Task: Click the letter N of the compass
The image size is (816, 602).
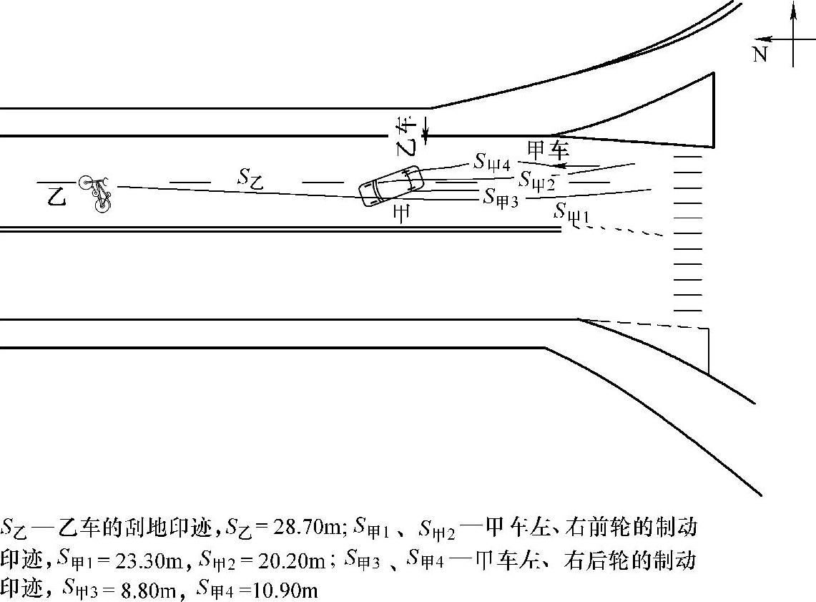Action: [x=760, y=54]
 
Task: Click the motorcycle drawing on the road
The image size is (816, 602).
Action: [x=97, y=193]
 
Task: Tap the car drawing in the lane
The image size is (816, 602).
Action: [x=390, y=185]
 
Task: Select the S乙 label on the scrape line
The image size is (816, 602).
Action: [x=250, y=178]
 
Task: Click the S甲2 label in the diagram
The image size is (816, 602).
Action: [x=537, y=179]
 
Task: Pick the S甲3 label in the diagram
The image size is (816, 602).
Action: [x=501, y=195]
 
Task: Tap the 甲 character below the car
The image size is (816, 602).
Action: [x=401, y=215]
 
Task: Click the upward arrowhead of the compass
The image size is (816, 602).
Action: [x=792, y=9]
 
